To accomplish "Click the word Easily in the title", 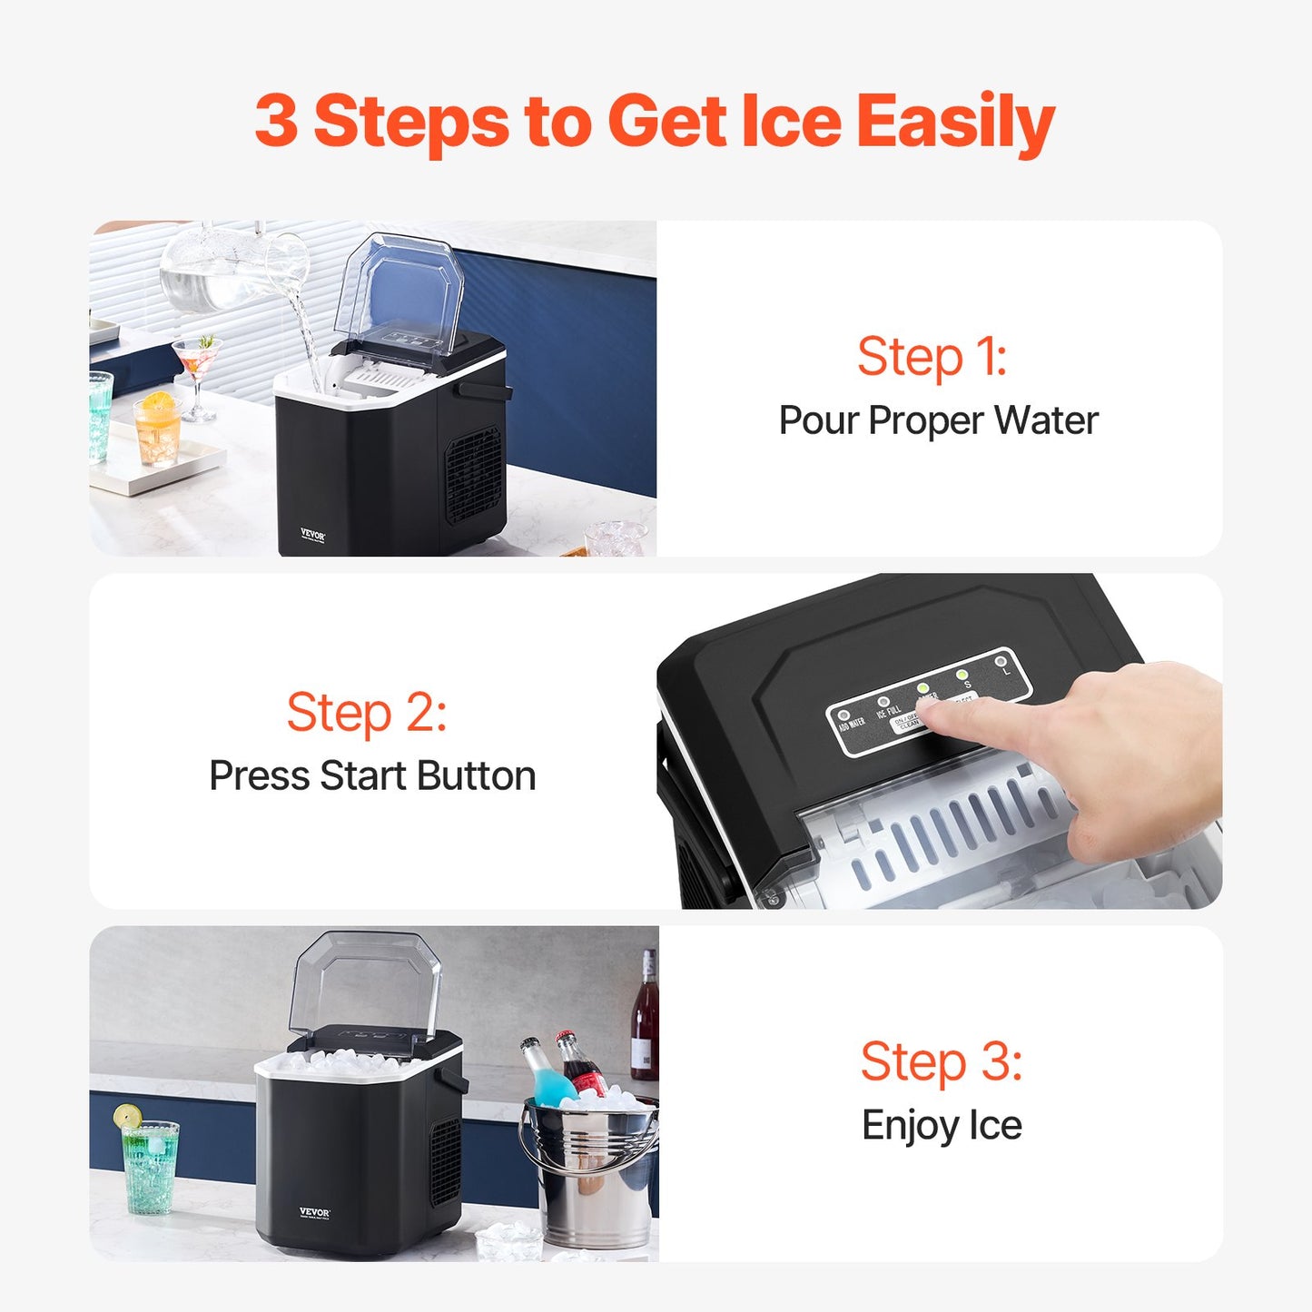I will (x=954, y=123).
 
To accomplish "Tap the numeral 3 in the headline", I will (x=276, y=121).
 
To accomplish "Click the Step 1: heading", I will (x=932, y=357).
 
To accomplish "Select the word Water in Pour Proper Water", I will (x=1046, y=421).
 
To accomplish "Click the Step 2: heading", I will (x=367, y=713).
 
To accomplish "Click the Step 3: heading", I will (x=941, y=1061).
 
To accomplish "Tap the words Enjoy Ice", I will (x=941, y=1126).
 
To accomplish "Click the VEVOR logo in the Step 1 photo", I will (x=312, y=536).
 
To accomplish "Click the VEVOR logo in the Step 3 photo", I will (x=314, y=1213).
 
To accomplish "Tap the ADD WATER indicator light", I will (x=844, y=715).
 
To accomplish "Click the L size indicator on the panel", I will (x=1001, y=662).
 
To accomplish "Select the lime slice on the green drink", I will (x=127, y=1116).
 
